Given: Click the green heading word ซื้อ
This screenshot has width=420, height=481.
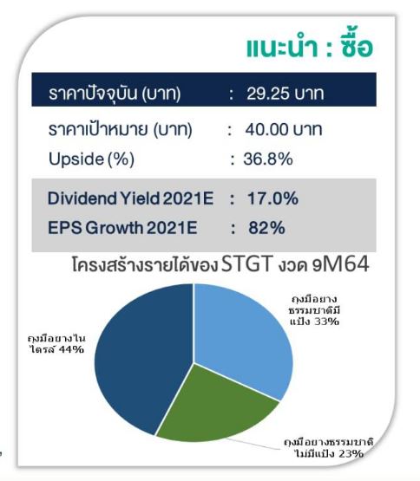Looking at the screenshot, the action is (x=357, y=47).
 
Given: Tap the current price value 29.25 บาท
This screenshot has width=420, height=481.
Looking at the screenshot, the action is (x=285, y=94).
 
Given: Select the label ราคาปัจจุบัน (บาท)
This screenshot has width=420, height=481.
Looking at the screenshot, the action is (x=115, y=93).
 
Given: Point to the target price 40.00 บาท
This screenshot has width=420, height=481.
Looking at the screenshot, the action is (x=284, y=129).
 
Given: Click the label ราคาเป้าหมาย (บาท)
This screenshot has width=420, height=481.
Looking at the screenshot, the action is (x=120, y=129).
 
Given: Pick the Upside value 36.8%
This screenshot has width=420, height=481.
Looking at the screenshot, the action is (x=268, y=159).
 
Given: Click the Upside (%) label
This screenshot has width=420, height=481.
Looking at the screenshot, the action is (x=92, y=159).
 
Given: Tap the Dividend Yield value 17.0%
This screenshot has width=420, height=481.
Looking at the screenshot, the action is (x=272, y=198).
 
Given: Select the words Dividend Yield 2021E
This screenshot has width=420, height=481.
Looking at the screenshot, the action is (x=130, y=198).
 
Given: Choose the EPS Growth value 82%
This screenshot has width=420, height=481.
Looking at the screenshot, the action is (x=266, y=228).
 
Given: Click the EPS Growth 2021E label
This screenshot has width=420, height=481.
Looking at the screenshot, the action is (x=122, y=228).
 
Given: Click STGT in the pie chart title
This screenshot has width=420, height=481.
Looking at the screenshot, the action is (x=247, y=263).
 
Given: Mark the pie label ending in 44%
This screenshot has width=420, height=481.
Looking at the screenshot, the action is (x=57, y=344).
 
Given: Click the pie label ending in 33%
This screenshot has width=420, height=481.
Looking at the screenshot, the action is (x=315, y=310).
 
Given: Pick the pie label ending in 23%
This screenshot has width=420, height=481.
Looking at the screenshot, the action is (x=328, y=448).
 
